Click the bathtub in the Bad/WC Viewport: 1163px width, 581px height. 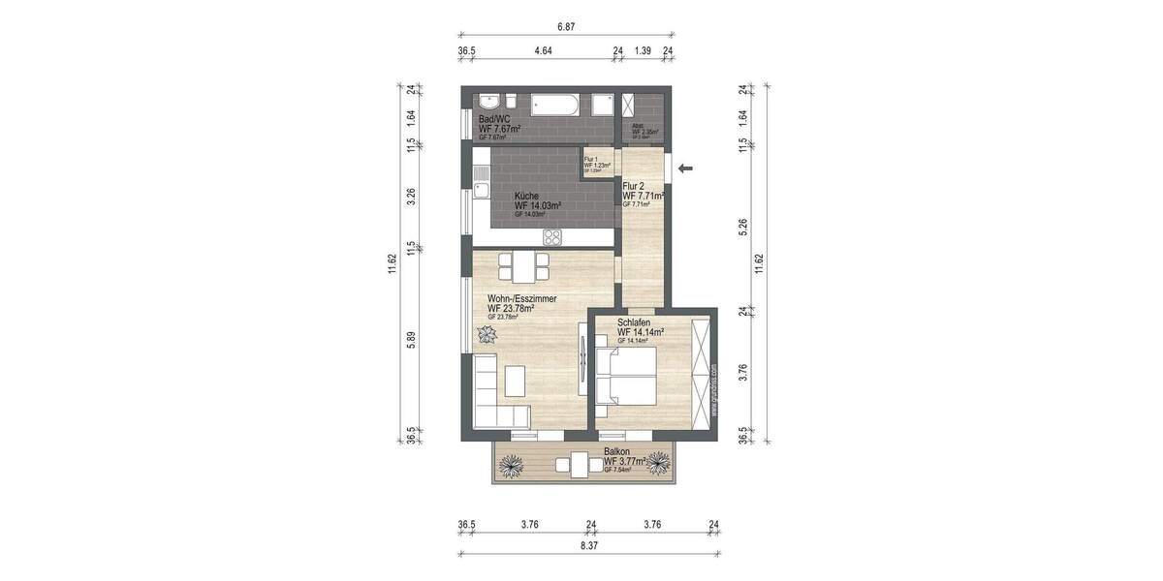[555, 103]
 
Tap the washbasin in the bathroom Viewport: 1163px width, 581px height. [489, 101]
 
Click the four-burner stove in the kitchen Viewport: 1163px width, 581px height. [553, 236]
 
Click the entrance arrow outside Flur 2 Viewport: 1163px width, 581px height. [685, 169]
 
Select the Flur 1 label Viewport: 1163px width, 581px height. [592, 159]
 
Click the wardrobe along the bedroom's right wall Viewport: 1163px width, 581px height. [701, 371]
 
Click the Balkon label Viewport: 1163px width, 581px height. [616, 452]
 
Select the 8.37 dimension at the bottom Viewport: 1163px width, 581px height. [588, 545]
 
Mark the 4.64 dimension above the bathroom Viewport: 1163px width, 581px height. [539, 50]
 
